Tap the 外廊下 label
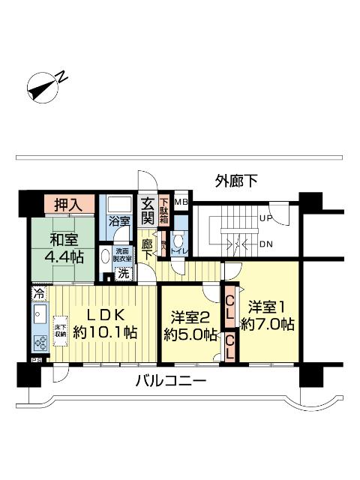coord(236,180)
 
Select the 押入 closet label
coord(69,203)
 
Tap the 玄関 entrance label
coord(147,211)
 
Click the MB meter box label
coord(181,202)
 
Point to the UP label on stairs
coord(265,219)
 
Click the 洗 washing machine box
coord(122,274)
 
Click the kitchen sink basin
coord(39,314)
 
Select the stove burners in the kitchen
coord(39,342)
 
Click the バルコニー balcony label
coord(170,382)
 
